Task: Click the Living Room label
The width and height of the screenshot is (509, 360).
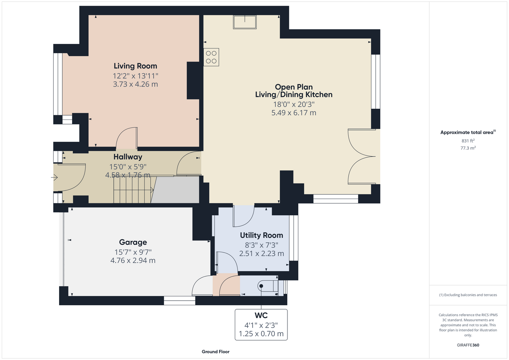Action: (x=135, y=66)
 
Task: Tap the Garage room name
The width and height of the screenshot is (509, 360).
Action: (x=133, y=242)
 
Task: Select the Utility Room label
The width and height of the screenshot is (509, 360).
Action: (x=262, y=235)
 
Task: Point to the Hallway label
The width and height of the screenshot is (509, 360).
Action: (x=128, y=157)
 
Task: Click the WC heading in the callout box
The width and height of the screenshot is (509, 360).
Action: (x=261, y=315)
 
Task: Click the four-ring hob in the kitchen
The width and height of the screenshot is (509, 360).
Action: (x=211, y=57)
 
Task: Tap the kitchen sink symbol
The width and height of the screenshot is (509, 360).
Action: (x=245, y=22)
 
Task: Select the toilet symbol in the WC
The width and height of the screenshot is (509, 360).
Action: (x=268, y=286)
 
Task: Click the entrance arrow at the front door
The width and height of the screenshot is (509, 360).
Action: (x=54, y=177)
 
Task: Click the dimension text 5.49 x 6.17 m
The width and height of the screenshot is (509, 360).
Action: (x=294, y=113)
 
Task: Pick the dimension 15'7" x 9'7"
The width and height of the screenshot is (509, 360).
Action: (x=133, y=252)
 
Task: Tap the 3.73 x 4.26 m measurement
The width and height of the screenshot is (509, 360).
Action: (x=135, y=84)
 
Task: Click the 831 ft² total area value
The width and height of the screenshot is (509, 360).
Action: (x=468, y=141)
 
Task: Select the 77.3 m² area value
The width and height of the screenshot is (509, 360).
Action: (x=468, y=148)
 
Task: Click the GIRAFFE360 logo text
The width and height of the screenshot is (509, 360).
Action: (x=468, y=345)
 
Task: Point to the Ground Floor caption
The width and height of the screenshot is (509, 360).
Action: (x=216, y=352)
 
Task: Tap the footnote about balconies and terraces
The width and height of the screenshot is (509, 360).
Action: (x=468, y=295)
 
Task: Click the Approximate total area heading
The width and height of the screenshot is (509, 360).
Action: (x=468, y=132)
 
